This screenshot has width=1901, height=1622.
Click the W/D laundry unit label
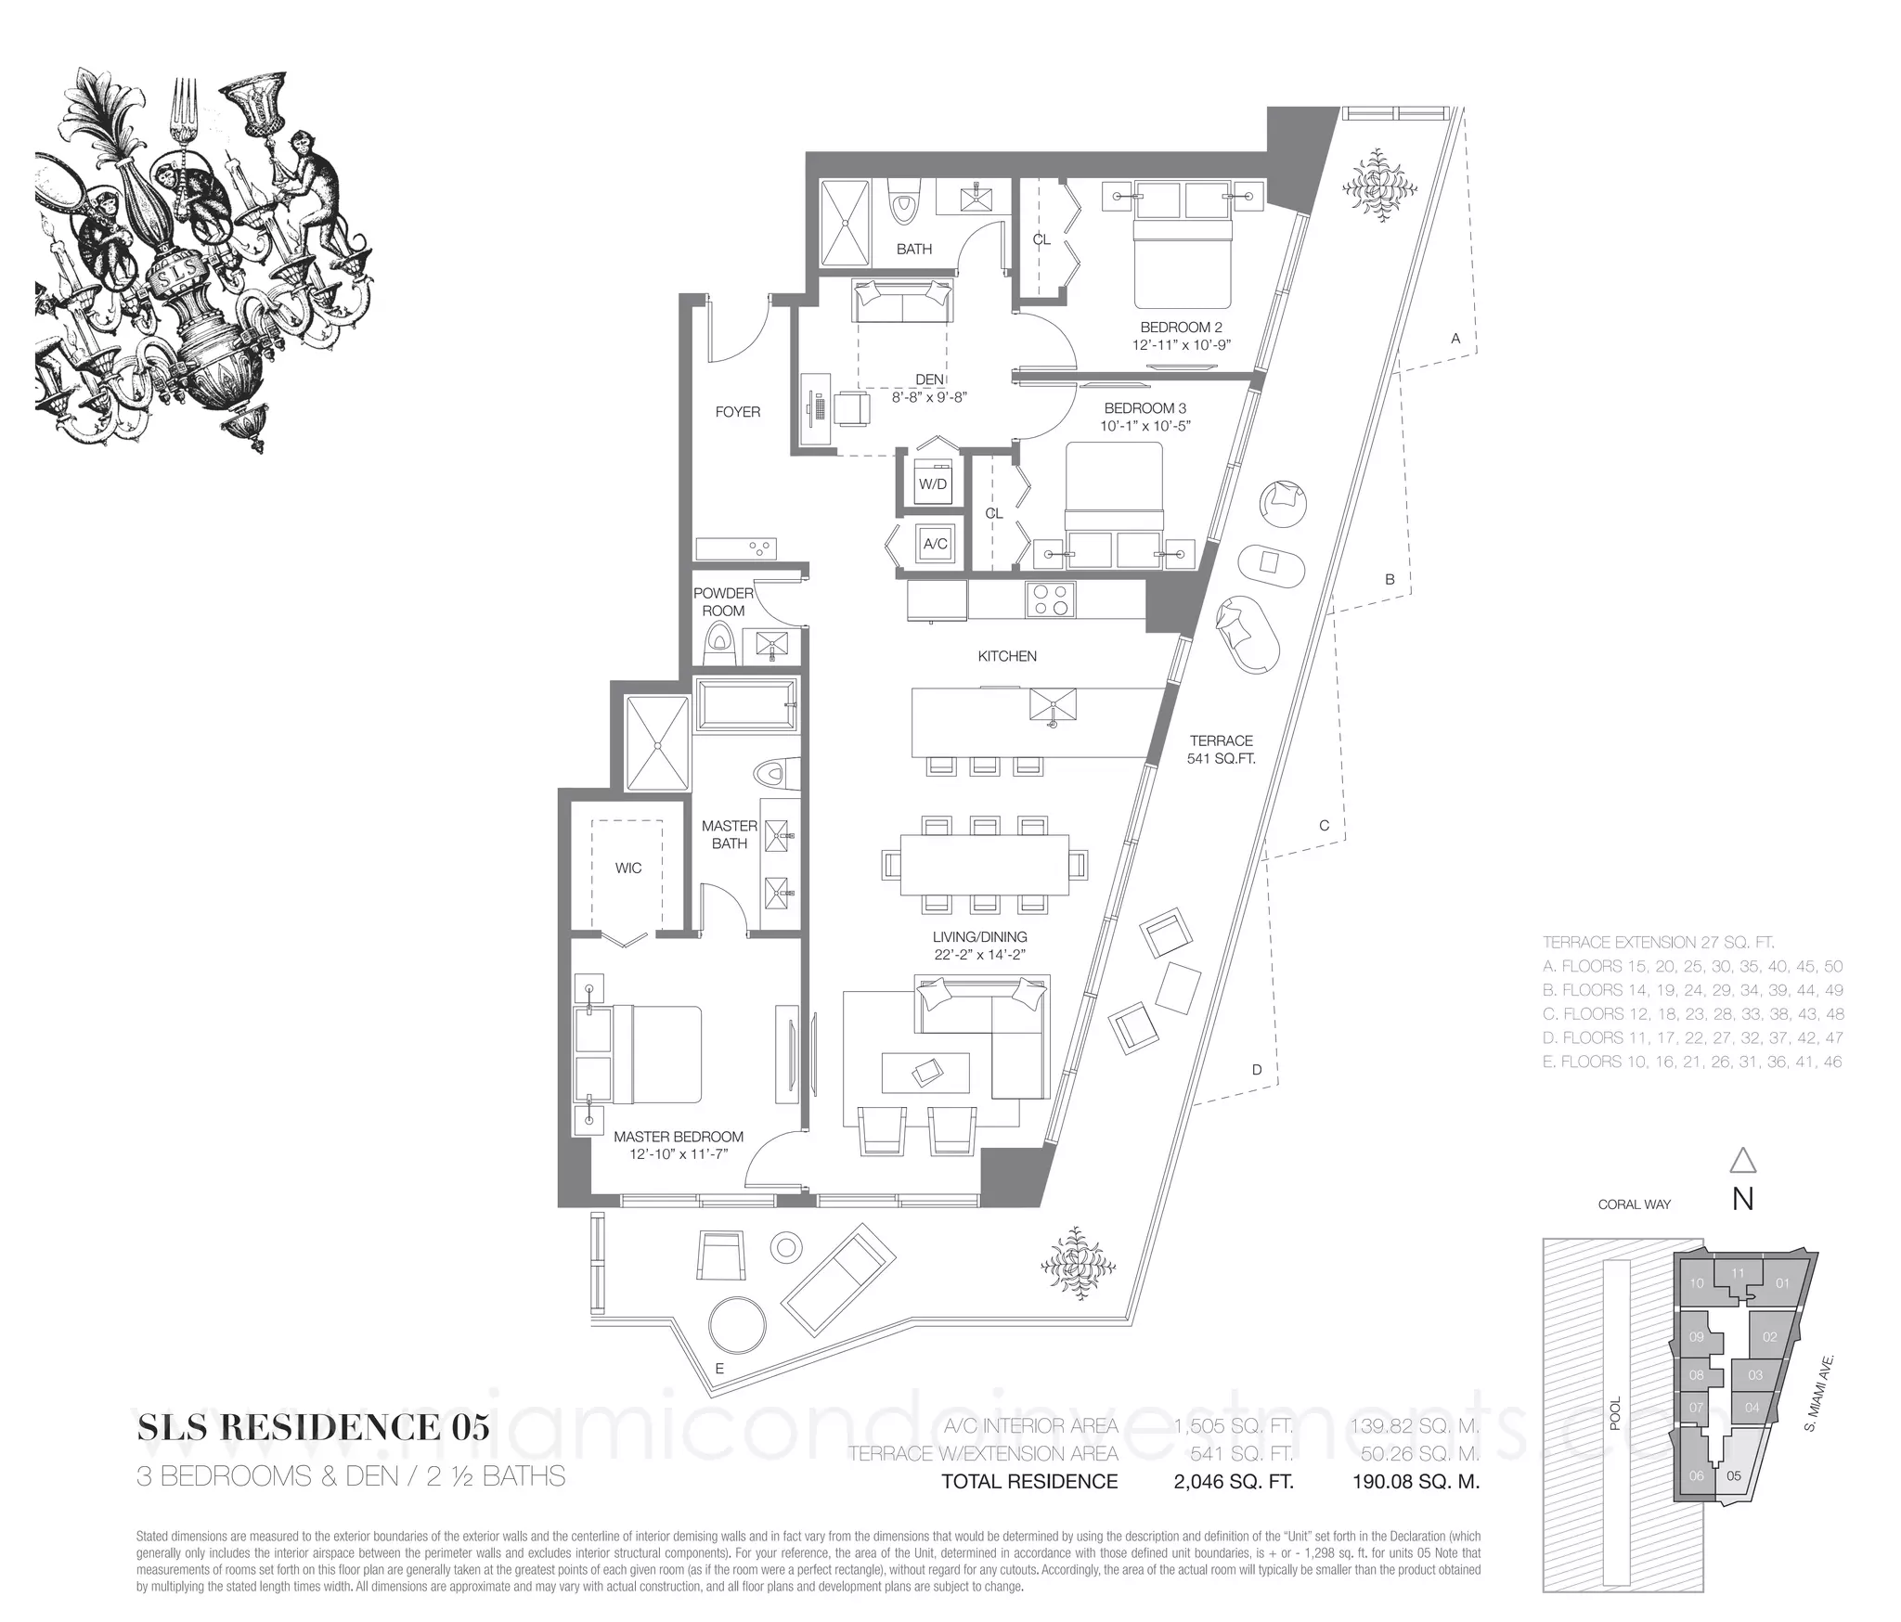click(x=933, y=484)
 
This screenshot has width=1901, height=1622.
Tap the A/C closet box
click(x=935, y=544)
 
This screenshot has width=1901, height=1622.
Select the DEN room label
click(x=929, y=380)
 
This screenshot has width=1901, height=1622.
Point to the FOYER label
click(x=738, y=412)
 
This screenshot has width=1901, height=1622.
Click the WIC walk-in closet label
click(x=628, y=869)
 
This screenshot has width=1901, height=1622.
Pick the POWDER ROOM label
click(x=724, y=602)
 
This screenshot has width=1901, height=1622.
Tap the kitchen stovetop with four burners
click(x=1051, y=599)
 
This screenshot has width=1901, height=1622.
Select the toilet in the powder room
click(x=719, y=643)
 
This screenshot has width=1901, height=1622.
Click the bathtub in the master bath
click(x=746, y=706)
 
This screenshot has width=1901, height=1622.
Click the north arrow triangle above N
click(x=1743, y=1162)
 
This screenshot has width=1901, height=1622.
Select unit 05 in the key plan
click(x=1732, y=1476)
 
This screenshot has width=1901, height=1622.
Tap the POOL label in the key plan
click(x=1615, y=1413)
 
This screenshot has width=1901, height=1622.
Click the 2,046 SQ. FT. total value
click(x=1234, y=1482)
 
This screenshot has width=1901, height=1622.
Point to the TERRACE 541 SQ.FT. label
click(x=1222, y=750)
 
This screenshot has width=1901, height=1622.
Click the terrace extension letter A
click(x=1455, y=340)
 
